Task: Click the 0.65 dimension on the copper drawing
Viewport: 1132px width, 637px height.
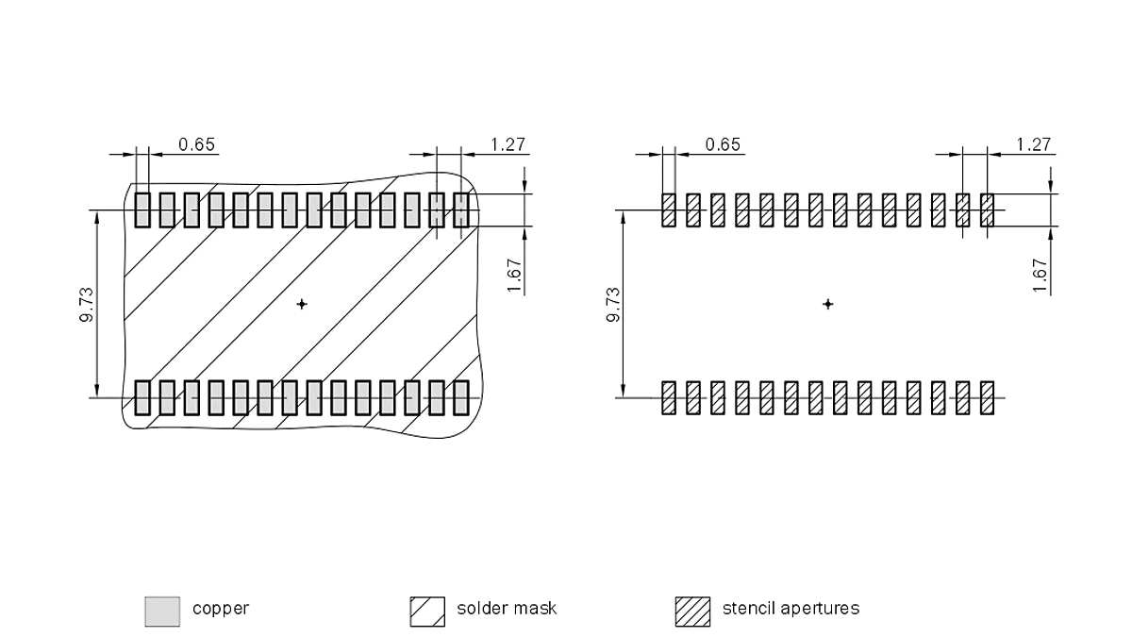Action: (197, 144)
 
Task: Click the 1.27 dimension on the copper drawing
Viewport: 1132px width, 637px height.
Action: (508, 144)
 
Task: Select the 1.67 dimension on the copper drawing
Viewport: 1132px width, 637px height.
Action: (515, 276)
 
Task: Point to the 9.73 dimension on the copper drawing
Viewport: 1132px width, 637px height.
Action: (86, 304)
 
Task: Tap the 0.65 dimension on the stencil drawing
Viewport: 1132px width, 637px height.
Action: (724, 144)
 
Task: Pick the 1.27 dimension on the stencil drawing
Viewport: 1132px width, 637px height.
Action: (1034, 144)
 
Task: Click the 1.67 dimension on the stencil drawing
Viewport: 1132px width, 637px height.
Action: (1040, 276)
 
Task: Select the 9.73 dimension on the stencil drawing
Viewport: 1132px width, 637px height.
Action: (612, 304)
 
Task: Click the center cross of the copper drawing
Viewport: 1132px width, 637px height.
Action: (302, 304)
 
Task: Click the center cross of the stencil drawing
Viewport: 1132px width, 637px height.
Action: (828, 304)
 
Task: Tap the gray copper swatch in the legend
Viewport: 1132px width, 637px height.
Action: (162, 612)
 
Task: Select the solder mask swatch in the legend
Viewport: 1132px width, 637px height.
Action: (427, 612)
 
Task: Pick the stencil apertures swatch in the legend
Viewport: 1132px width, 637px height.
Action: (692, 612)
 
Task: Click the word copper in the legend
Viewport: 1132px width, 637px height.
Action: (221, 609)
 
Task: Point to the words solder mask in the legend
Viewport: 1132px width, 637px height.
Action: (507, 609)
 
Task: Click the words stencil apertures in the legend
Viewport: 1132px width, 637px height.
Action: (791, 609)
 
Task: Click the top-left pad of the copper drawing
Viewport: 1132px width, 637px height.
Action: (142, 210)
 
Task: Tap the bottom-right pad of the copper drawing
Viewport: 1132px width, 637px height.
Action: (461, 397)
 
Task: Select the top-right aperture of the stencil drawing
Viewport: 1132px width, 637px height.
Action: (988, 210)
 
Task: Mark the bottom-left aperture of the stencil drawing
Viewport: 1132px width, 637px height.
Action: (669, 397)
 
